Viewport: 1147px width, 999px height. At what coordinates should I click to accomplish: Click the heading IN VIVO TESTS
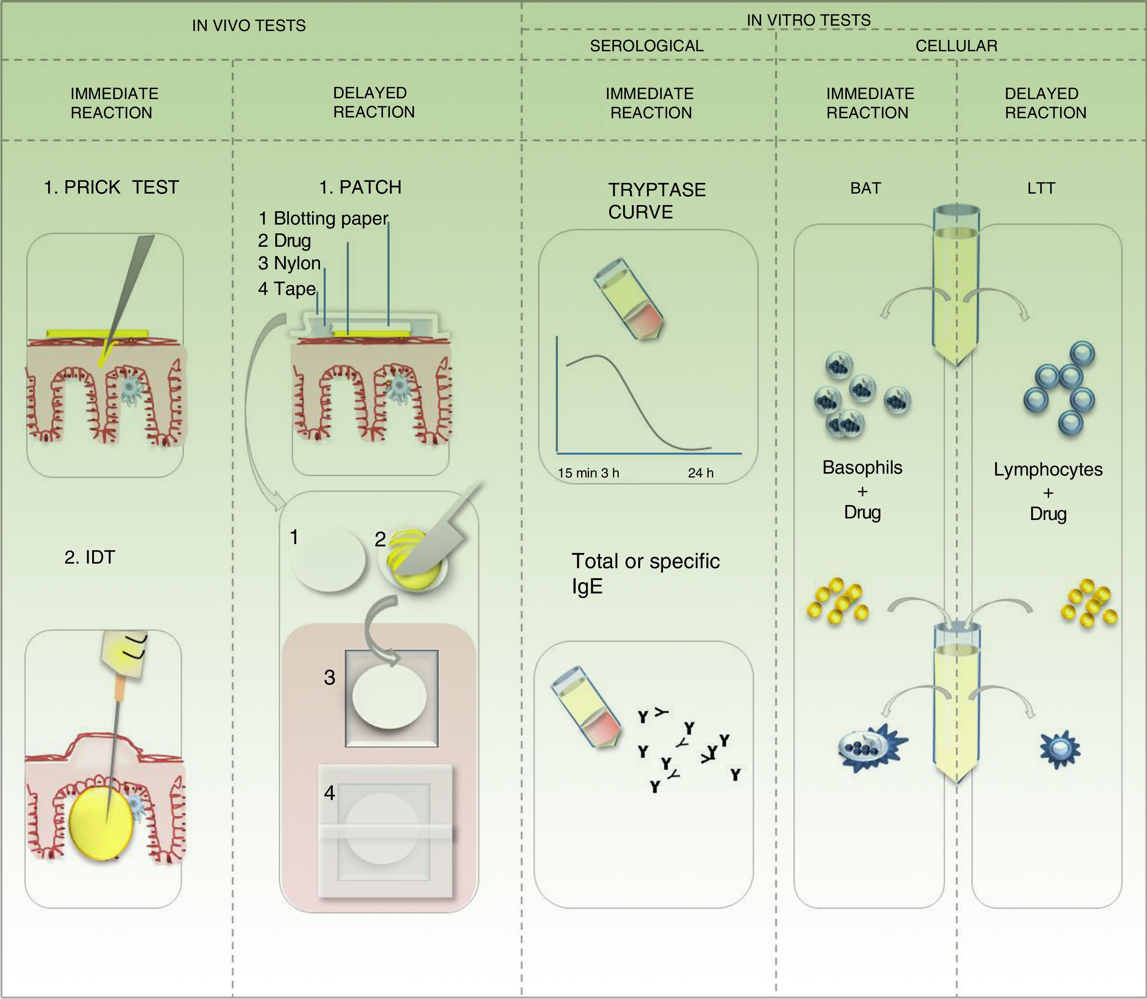click(249, 26)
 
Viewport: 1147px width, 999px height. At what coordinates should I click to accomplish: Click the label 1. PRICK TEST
click(111, 187)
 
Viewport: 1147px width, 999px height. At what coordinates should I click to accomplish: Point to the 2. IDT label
click(90, 557)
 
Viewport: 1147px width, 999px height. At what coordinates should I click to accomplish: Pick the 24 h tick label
click(700, 473)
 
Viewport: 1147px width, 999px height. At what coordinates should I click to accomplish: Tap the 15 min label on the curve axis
click(577, 473)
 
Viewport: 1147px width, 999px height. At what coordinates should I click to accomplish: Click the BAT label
click(865, 188)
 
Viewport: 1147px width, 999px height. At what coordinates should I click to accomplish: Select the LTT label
click(1041, 188)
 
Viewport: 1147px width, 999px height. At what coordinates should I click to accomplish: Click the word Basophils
click(862, 467)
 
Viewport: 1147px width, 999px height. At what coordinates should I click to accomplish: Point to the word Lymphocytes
click(1048, 469)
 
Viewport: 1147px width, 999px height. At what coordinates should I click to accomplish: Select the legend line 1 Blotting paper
click(323, 218)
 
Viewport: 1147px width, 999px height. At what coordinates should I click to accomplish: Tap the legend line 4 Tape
click(287, 289)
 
